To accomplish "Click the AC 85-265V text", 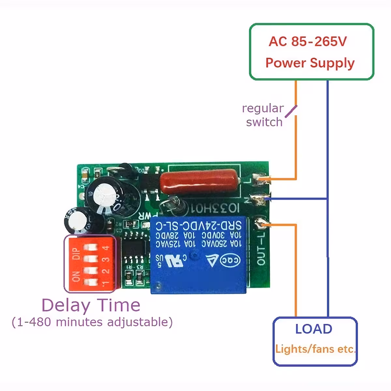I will pyautogui.click(x=308, y=42).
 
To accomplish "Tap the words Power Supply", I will pyautogui.click(x=310, y=63).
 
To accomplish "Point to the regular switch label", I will pyautogui.click(x=263, y=115).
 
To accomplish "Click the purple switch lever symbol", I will pyautogui.click(x=291, y=111).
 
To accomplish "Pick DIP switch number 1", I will pyautogui.click(x=90, y=282).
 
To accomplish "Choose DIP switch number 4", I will pyautogui.click(x=90, y=248).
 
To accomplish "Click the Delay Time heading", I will pyautogui.click(x=91, y=305).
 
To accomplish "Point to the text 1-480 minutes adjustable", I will pyautogui.click(x=92, y=322).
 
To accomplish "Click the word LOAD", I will pyautogui.click(x=313, y=329).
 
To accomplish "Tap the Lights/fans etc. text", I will pyautogui.click(x=315, y=349).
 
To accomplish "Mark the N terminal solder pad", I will pyautogui.click(x=262, y=198).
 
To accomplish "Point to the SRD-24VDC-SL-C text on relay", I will pyautogui.click(x=198, y=225).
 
